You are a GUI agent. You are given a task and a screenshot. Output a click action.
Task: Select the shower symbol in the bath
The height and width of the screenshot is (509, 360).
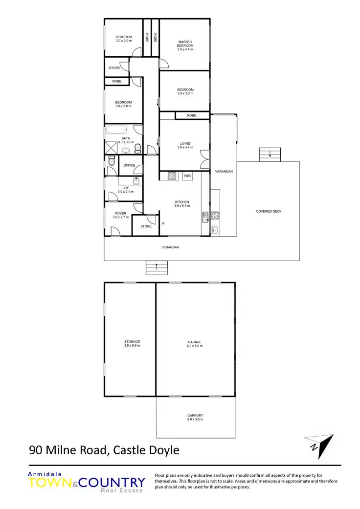coord(111,147)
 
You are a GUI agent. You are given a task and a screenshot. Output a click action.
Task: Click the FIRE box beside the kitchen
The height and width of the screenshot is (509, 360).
coord(188,176)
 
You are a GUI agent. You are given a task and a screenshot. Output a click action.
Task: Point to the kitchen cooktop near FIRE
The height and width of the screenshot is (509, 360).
coord(172,176)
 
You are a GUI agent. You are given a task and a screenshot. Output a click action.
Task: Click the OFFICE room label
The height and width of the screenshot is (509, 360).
coord(129,165)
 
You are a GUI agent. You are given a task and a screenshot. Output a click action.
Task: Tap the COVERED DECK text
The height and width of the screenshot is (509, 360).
coord(269,211)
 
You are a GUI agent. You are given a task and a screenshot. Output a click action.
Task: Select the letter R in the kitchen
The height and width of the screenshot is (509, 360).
coord(163,223)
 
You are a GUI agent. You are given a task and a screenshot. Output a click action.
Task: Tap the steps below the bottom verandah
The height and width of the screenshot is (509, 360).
coord(156,267)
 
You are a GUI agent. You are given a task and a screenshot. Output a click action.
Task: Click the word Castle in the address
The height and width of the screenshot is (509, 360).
coord(129,450)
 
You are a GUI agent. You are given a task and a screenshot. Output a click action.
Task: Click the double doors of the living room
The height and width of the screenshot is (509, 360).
coord(203,160)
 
